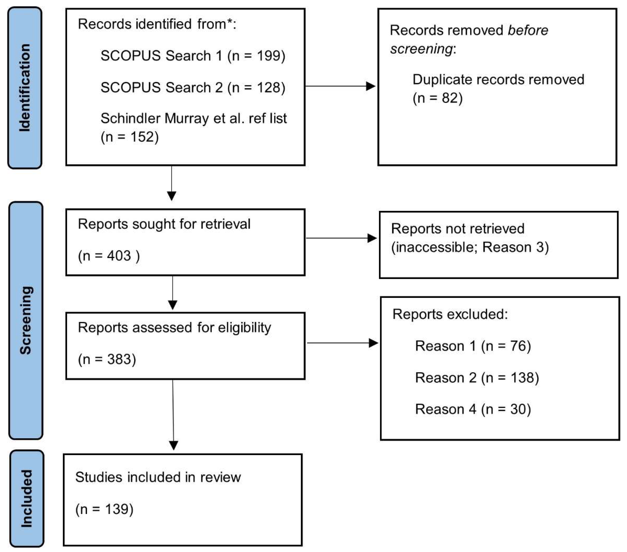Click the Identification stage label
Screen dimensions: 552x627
click(x=25, y=88)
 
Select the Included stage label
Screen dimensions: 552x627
click(x=27, y=498)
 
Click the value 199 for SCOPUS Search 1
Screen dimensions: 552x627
click(x=268, y=56)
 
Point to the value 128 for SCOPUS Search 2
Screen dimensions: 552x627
click(x=268, y=88)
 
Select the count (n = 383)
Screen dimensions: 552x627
click(x=107, y=359)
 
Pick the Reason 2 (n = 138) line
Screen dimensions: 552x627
click(x=477, y=378)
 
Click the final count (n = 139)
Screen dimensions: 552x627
click(x=104, y=509)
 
